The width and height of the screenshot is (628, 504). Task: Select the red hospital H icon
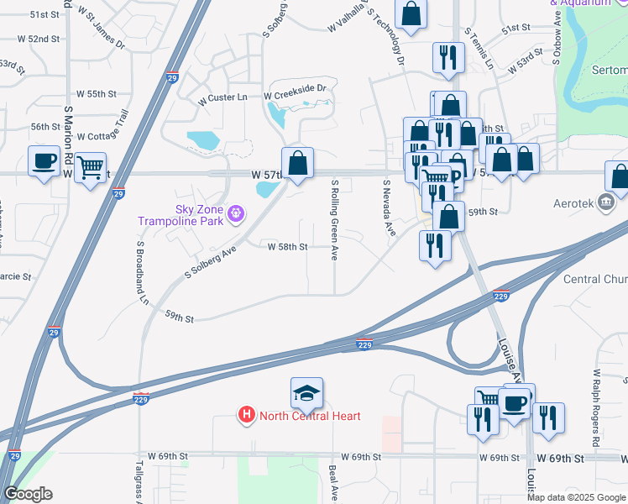coord(247,415)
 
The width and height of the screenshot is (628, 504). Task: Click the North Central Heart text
coord(310,416)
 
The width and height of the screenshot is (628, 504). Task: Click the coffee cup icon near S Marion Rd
coord(44,160)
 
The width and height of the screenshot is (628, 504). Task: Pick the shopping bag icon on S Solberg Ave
coord(297,162)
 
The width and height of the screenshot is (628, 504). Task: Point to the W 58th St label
coord(288,247)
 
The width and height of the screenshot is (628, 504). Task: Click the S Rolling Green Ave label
coord(335,219)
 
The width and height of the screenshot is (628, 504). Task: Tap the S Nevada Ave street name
coord(388,208)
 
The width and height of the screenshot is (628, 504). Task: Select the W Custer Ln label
coord(222,98)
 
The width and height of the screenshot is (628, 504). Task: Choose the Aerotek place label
coord(574,203)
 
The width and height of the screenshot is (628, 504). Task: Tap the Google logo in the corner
coord(28,494)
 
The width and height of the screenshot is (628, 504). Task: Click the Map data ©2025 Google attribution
coord(576,497)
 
